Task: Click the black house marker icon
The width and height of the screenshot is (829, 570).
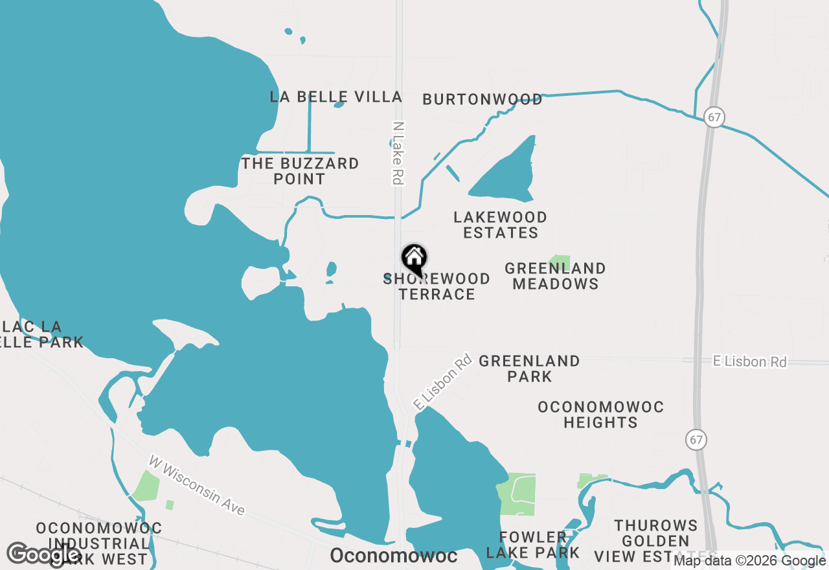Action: (414, 258)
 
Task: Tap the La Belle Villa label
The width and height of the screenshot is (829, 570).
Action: (335, 97)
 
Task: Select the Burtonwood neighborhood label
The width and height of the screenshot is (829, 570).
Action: (483, 99)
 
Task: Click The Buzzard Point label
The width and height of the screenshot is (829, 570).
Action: (300, 171)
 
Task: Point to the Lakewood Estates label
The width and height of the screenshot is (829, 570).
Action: (501, 225)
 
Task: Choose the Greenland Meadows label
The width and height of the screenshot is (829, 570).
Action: (556, 276)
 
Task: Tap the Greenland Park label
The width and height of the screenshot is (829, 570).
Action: (530, 369)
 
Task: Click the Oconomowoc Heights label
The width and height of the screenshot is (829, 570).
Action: (601, 415)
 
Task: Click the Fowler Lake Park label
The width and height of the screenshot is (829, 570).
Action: (533, 545)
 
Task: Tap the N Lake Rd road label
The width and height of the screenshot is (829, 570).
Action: (398, 154)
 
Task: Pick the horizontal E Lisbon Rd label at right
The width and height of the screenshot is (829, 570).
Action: (750, 361)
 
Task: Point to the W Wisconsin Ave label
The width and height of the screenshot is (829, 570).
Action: (197, 486)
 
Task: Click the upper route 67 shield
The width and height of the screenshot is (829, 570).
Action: (714, 118)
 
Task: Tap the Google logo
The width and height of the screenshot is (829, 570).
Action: (43, 554)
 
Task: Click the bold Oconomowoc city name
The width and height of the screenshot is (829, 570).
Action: (394, 556)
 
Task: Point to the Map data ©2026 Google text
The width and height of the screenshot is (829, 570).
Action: (749, 561)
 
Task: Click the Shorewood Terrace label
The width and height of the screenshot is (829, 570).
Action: (437, 286)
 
